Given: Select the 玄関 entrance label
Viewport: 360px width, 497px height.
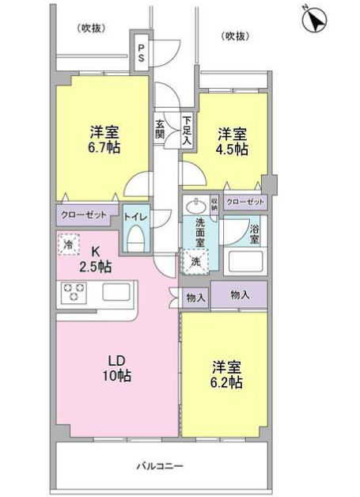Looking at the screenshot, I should tap(161, 129).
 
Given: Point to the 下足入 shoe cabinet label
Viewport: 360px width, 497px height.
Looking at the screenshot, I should tap(186, 130).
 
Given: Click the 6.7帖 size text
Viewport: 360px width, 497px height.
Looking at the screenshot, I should tap(104, 148).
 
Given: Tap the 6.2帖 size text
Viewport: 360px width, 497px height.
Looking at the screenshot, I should tap(226, 382).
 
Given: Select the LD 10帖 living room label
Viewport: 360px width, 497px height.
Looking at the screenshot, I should tap(119, 368).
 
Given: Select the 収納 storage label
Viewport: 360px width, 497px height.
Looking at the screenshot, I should tap(214, 203).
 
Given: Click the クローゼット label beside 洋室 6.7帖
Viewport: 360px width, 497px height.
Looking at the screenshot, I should tap(85, 214).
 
